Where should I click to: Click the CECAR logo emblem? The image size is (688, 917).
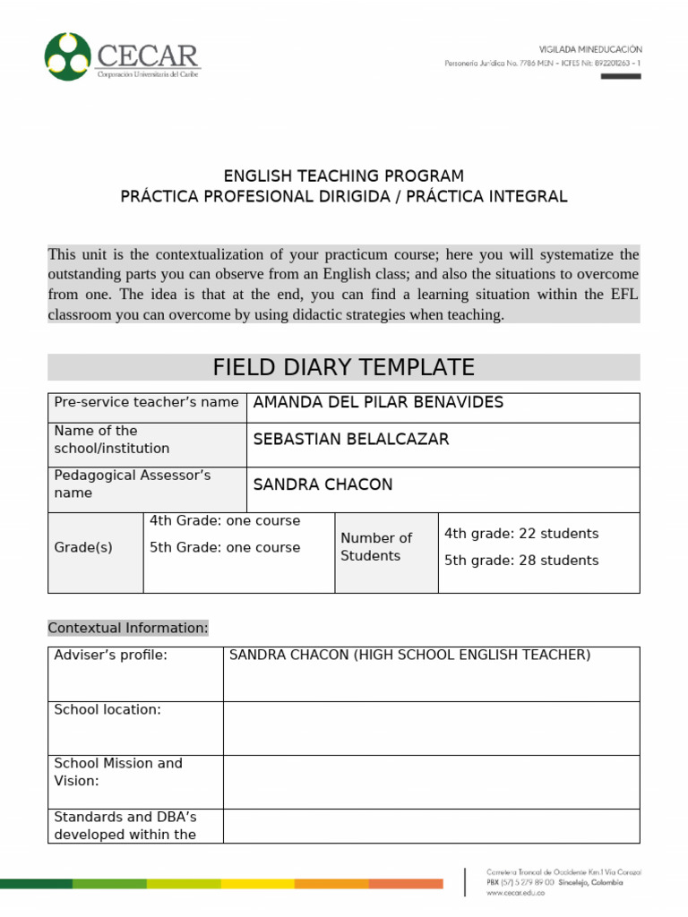coord(68,56)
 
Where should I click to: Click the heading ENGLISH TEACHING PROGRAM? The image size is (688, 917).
coord(343,176)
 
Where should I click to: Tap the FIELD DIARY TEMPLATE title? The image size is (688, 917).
coord(343,367)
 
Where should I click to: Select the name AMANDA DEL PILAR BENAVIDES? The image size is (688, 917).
coord(378,403)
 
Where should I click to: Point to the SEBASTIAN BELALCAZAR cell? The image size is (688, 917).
coord(351,439)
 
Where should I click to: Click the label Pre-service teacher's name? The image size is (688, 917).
coord(146,403)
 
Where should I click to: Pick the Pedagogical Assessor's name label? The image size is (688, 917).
coord(133,484)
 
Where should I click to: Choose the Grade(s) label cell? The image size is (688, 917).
coord(83,547)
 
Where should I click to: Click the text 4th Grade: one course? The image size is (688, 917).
coord(225,521)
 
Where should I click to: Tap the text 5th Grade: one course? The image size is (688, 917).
coord(225,548)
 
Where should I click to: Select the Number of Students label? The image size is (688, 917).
coord(376,547)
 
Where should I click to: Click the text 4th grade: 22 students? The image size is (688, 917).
coord(521,534)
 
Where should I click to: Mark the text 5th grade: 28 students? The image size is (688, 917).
coord(521,561)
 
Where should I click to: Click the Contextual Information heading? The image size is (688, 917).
coord(127,628)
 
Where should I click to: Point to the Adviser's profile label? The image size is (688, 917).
coord(110,656)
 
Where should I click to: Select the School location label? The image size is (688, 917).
coord(107,709)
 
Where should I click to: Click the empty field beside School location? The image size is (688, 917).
coord(431,727)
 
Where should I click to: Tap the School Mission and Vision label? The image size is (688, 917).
coord(118,772)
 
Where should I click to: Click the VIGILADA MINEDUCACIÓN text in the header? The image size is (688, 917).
coord(589,49)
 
